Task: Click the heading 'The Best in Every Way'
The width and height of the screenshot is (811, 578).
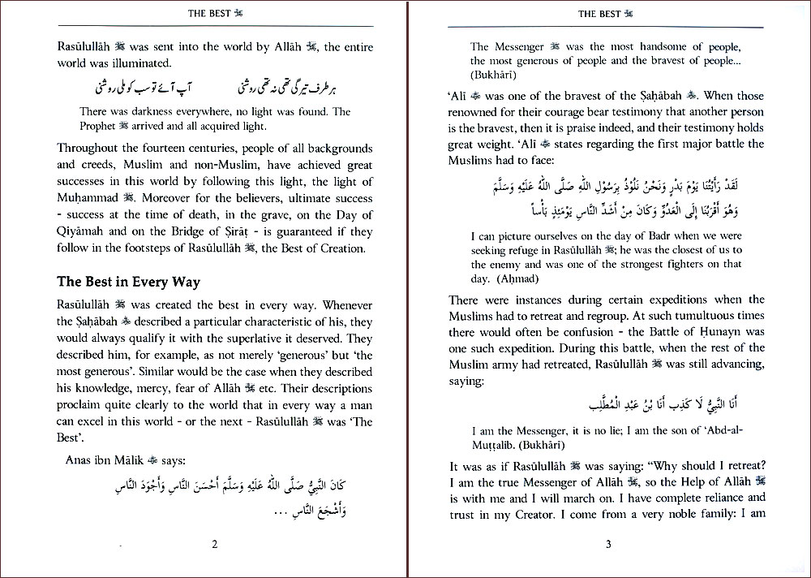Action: [128, 283]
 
